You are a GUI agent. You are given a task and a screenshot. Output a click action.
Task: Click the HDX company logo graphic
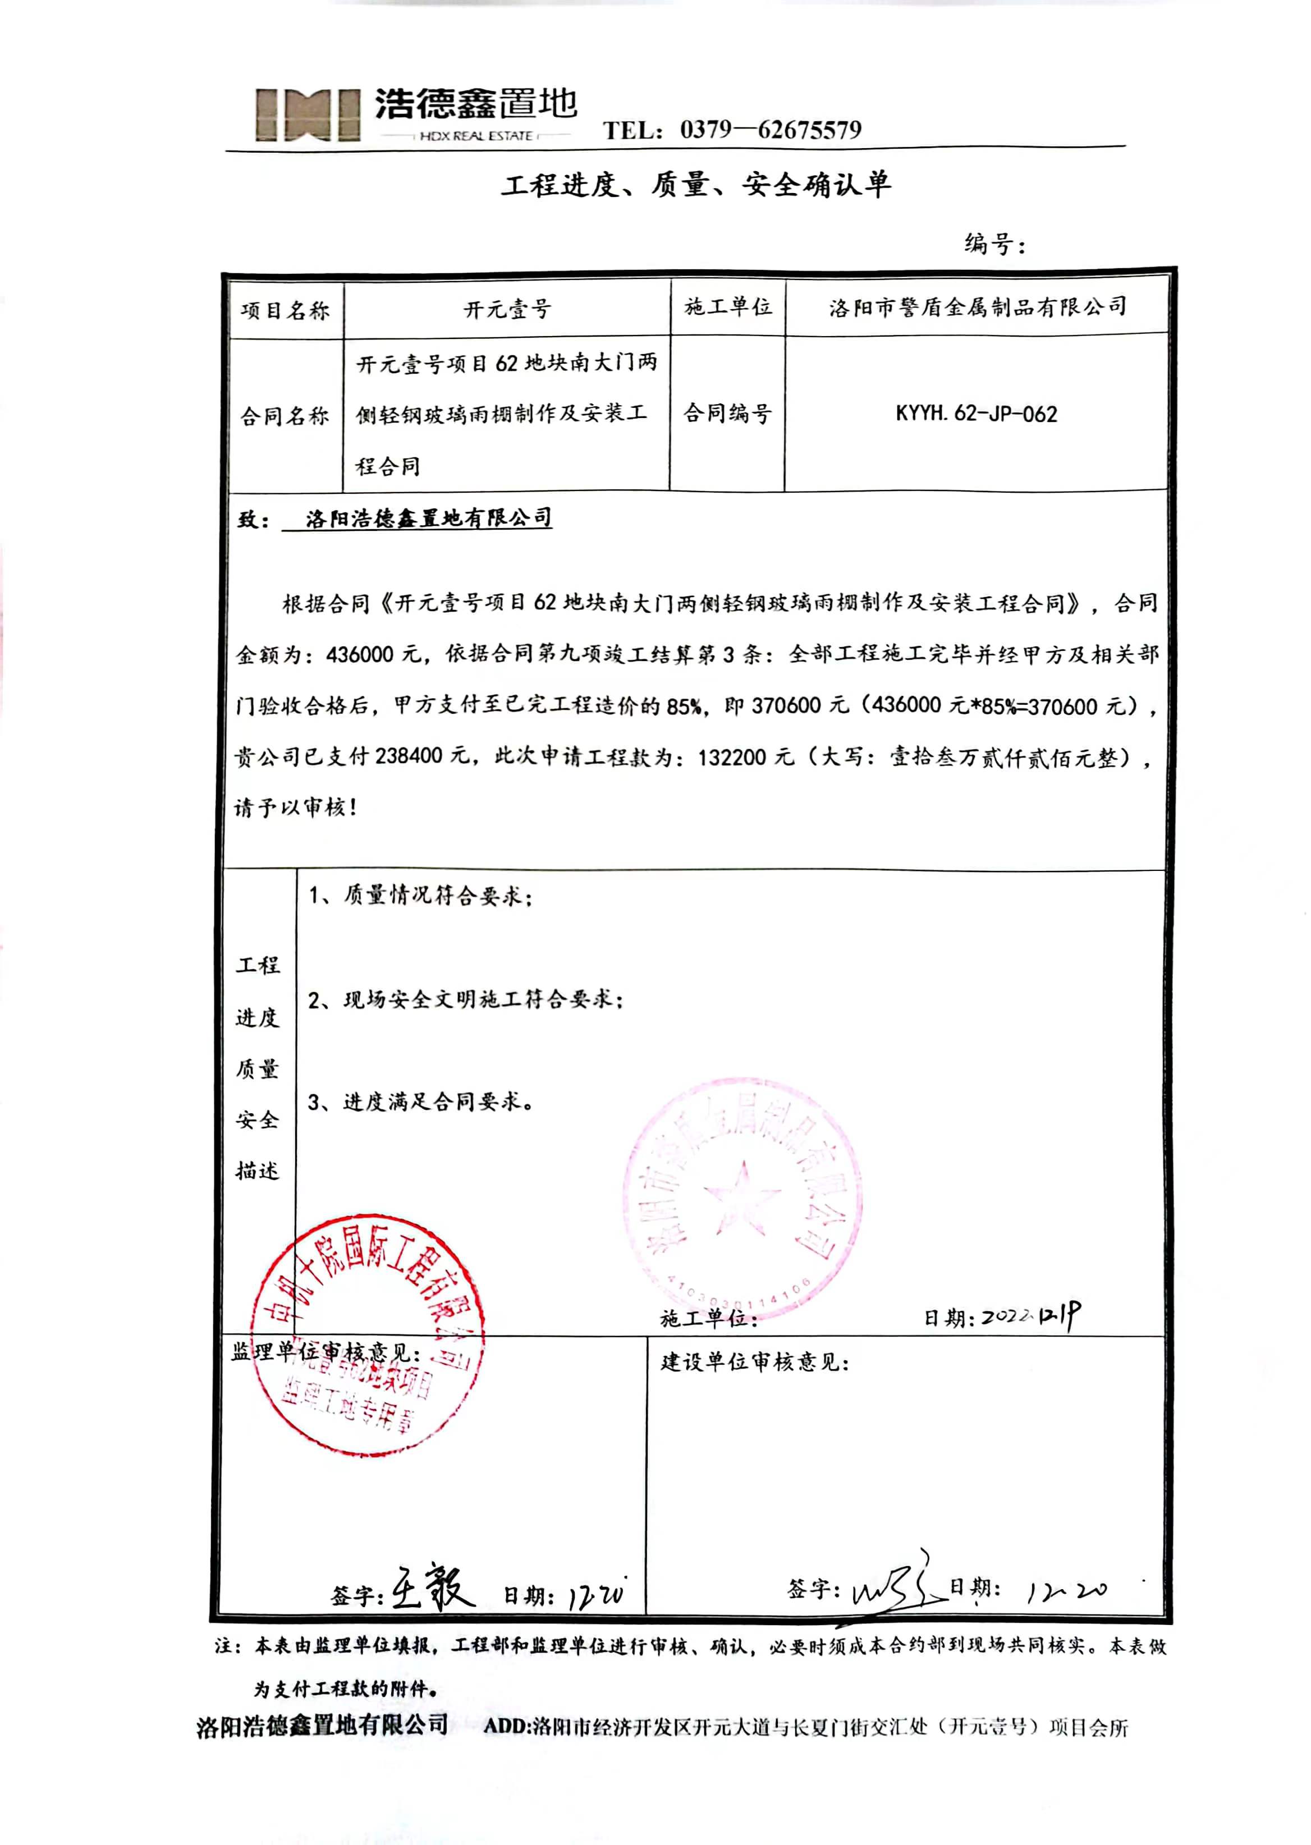click(x=308, y=114)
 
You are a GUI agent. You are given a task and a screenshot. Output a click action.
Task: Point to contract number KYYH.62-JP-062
click(x=976, y=414)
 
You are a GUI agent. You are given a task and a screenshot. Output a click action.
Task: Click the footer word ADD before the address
click(x=506, y=1727)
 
